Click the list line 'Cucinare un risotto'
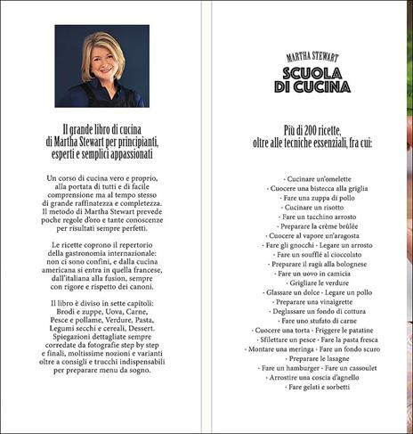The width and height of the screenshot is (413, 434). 310,206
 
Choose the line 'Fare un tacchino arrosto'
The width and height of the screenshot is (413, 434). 310,216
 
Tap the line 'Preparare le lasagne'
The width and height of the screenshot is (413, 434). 310,356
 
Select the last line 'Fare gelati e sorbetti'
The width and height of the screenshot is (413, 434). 310,385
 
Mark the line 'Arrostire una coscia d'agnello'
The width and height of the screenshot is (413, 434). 310,375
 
